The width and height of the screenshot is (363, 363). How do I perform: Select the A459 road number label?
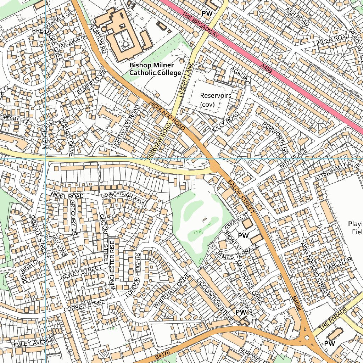(x=266, y=69)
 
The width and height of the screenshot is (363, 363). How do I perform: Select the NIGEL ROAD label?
(x=67, y=195)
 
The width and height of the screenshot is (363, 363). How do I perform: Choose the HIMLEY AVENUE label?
(x=32, y=342)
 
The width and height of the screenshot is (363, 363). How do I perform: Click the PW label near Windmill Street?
(x=243, y=236)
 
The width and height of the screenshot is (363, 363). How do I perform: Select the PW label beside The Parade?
(x=330, y=344)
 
